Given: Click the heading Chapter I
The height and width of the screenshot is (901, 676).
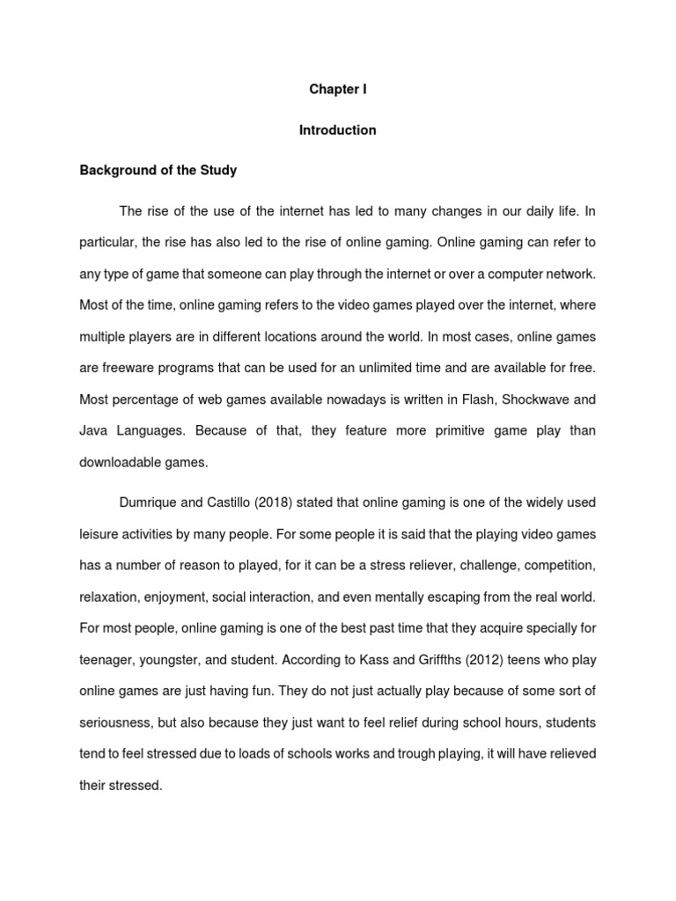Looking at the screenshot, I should tap(337, 90).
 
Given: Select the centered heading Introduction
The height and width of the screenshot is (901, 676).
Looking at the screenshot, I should tap(337, 130).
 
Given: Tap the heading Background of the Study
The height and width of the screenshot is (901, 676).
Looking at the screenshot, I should tap(158, 171).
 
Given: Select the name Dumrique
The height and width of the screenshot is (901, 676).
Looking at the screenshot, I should tap(151, 502).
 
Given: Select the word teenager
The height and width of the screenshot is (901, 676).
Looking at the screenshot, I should tap(108, 659).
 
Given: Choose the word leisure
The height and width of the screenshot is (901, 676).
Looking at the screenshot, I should tap(99, 534).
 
